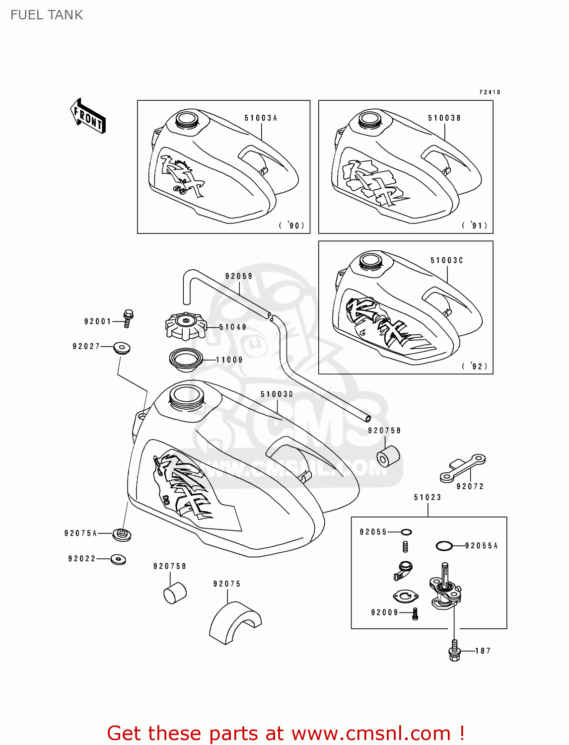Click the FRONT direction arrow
tap(88, 116)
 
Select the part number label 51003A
tap(260, 118)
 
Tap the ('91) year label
tap(475, 225)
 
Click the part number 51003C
tap(446, 260)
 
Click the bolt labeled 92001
tap(128, 318)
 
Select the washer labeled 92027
tap(122, 348)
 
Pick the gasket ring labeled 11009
tap(186, 359)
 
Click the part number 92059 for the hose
tap(239, 276)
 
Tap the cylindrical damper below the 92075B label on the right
tap(388, 456)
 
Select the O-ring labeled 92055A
tap(444, 546)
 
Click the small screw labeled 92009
tap(416, 614)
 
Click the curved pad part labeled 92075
tap(234, 622)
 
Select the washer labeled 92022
tap(118, 559)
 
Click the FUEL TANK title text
tap(47, 15)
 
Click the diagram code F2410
tap(490, 92)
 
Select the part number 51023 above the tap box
tap(427, 497)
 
